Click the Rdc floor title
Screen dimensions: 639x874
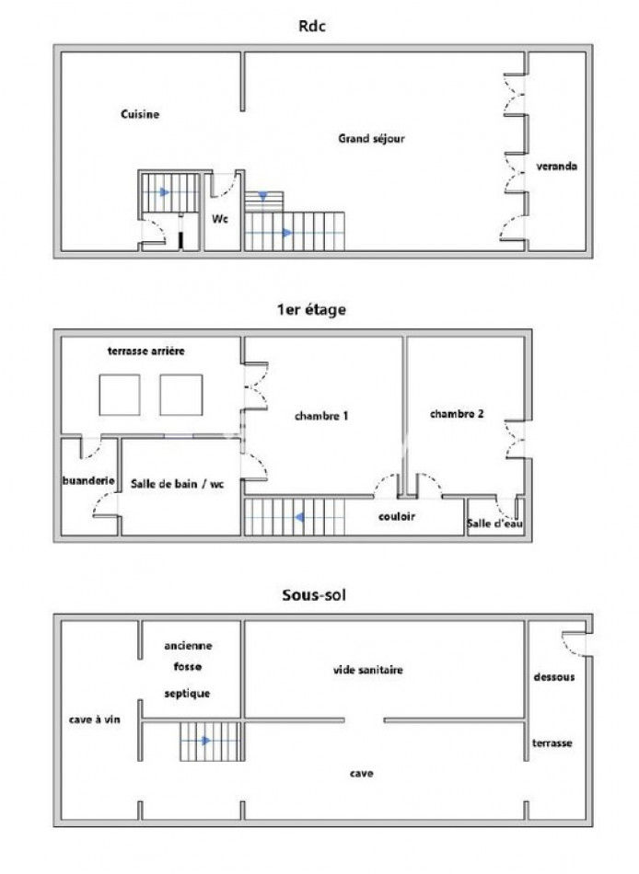(312, 26)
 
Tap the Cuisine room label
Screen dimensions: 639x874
(140, 114)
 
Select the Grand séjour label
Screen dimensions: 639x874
(371, 138)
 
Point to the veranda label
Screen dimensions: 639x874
(556, 167)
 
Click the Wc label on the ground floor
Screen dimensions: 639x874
(220, 219)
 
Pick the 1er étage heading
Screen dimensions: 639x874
(311, 310)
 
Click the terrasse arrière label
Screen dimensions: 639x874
(145, 351)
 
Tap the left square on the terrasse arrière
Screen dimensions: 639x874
(120, 395)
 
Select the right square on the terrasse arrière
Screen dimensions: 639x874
(180, 395)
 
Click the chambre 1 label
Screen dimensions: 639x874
(321, 416)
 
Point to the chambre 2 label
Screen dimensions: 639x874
(457, 414)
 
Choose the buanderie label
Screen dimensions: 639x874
(88, 480)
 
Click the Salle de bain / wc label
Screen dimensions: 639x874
(177, 484)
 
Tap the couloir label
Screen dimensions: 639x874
(397, 517)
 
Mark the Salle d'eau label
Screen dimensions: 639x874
(494, 523)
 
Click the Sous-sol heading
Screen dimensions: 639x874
(314, 594)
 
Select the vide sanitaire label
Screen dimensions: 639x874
(367, 670)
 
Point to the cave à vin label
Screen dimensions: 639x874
(94, 719)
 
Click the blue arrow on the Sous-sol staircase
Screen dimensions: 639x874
(206, 741)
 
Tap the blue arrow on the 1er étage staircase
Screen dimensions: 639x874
(299, 518)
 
